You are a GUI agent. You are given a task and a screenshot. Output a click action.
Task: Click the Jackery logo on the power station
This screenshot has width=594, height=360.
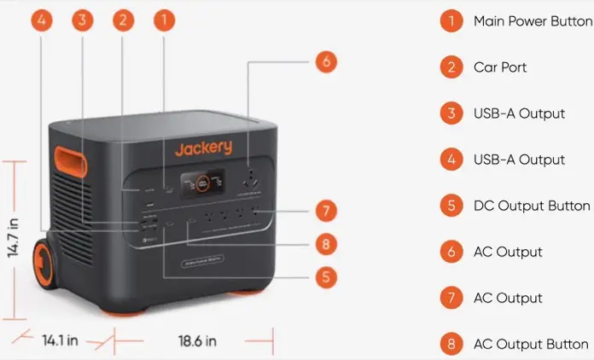[x=203, y=148]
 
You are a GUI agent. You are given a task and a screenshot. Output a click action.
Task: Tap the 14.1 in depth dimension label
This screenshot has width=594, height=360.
[x=61, y=340]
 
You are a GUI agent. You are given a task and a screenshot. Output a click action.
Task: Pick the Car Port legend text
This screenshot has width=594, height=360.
[x=500, y=67]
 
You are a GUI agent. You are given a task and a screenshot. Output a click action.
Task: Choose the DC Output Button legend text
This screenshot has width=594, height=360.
[x=531, y=206]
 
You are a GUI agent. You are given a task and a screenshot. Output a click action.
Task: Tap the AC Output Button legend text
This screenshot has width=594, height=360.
[x=531, y=344]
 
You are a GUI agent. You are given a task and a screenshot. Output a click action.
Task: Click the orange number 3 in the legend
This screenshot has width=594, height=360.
[x=451, y=113]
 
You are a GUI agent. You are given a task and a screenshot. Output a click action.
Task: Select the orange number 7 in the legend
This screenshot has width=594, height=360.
[x=451, y=298]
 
